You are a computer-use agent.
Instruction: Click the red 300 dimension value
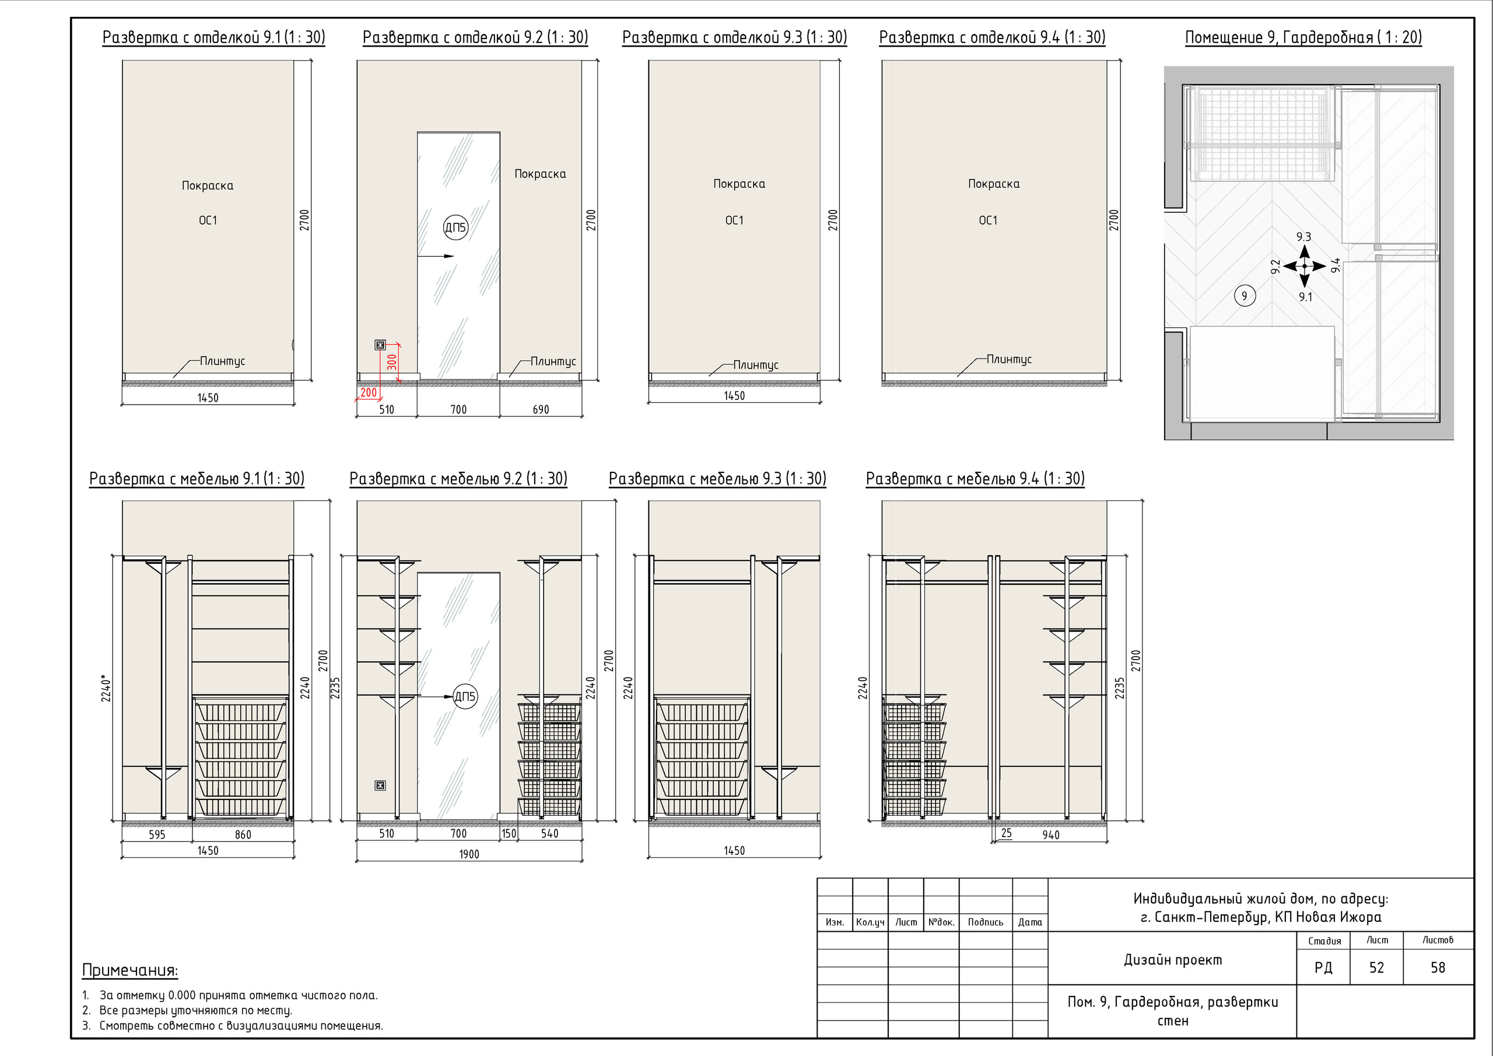click(391, 362)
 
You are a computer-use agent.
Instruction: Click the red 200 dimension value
click(368, 392)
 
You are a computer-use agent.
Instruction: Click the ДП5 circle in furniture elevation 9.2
click(465, 696)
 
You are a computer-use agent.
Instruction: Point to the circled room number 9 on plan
click(1245, 296)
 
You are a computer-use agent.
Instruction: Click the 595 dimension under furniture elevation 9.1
click(157, 834)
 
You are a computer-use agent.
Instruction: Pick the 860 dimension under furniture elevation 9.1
click(243, 834)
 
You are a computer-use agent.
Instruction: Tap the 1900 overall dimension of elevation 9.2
click(469, 854)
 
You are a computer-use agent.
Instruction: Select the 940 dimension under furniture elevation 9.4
click(1051, 834)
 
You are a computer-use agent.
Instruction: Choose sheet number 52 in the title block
click(1376, 967)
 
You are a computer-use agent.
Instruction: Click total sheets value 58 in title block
click(1438, 967)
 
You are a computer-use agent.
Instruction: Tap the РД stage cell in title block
click(1323, 967)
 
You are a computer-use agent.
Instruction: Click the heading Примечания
click(130, 970)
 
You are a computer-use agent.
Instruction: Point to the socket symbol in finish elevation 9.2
click(380, 345)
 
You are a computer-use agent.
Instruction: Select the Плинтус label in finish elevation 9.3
click(756, 365)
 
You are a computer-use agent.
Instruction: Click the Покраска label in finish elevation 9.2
click(541, 174)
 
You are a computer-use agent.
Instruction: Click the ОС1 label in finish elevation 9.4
click(988, 220)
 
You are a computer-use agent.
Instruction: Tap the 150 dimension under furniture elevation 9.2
click(509, 834)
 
